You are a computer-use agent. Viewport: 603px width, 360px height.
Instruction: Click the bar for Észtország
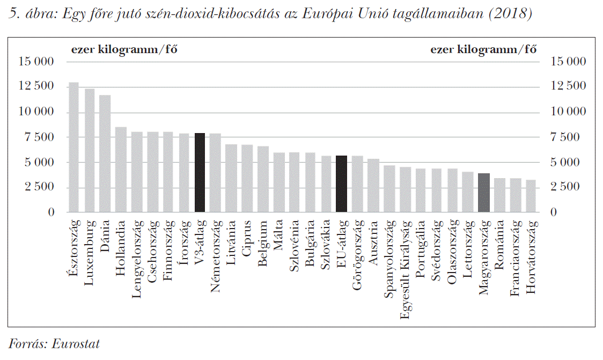73,148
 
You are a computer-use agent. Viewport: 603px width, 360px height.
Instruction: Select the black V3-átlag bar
200,172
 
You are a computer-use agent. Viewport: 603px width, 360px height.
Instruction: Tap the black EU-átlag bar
341,184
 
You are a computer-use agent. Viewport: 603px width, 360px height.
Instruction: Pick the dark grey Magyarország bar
483,193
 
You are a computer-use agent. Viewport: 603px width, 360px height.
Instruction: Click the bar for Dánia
105,153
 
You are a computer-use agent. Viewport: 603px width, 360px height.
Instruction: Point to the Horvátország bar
531,196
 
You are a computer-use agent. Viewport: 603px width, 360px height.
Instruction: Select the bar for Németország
215,172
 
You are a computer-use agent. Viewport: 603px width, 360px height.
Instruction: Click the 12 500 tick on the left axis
36,87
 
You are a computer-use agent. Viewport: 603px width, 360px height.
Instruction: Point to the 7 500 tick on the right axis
565,137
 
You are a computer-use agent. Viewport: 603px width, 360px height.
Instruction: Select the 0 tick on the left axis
51,212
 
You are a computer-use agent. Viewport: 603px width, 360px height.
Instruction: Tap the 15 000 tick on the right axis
568,62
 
